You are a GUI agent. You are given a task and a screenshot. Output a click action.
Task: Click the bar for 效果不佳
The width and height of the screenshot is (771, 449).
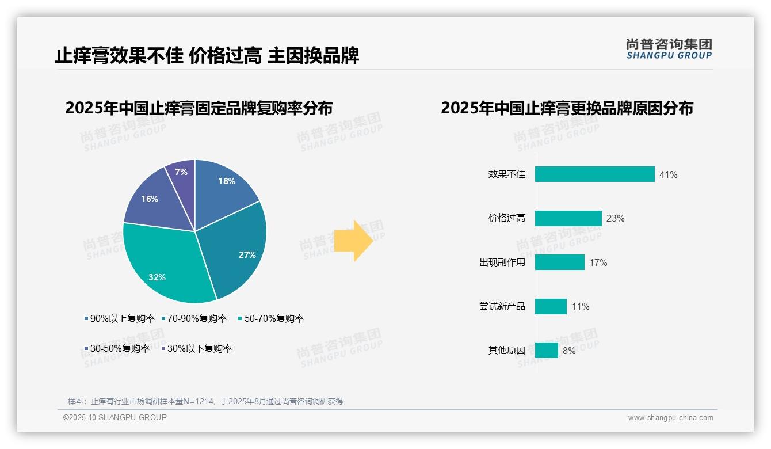(594, 174)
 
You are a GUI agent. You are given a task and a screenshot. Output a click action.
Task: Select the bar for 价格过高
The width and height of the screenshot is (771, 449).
(568, 218)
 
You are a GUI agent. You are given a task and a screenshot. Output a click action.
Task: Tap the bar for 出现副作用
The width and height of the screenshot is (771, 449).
(559, 262)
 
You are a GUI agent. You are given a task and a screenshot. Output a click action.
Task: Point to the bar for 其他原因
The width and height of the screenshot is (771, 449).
(546, 351)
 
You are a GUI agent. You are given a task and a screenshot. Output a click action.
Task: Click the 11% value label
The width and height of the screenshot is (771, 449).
(580, 307)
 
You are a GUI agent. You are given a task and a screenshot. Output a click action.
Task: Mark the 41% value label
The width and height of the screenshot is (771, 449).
(668, 174)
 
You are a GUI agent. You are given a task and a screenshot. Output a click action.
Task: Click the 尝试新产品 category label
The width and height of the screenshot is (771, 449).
(502, 306)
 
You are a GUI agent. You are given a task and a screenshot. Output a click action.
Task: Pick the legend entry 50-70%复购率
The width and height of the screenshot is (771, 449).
(271, 318)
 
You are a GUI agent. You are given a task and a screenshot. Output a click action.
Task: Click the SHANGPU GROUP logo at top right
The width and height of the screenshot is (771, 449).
(669, 49)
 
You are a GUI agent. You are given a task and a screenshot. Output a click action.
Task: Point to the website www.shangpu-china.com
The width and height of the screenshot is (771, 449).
(670, 418)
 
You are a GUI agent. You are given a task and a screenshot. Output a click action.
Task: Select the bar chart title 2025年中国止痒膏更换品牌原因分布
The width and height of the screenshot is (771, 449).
(567, 108)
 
